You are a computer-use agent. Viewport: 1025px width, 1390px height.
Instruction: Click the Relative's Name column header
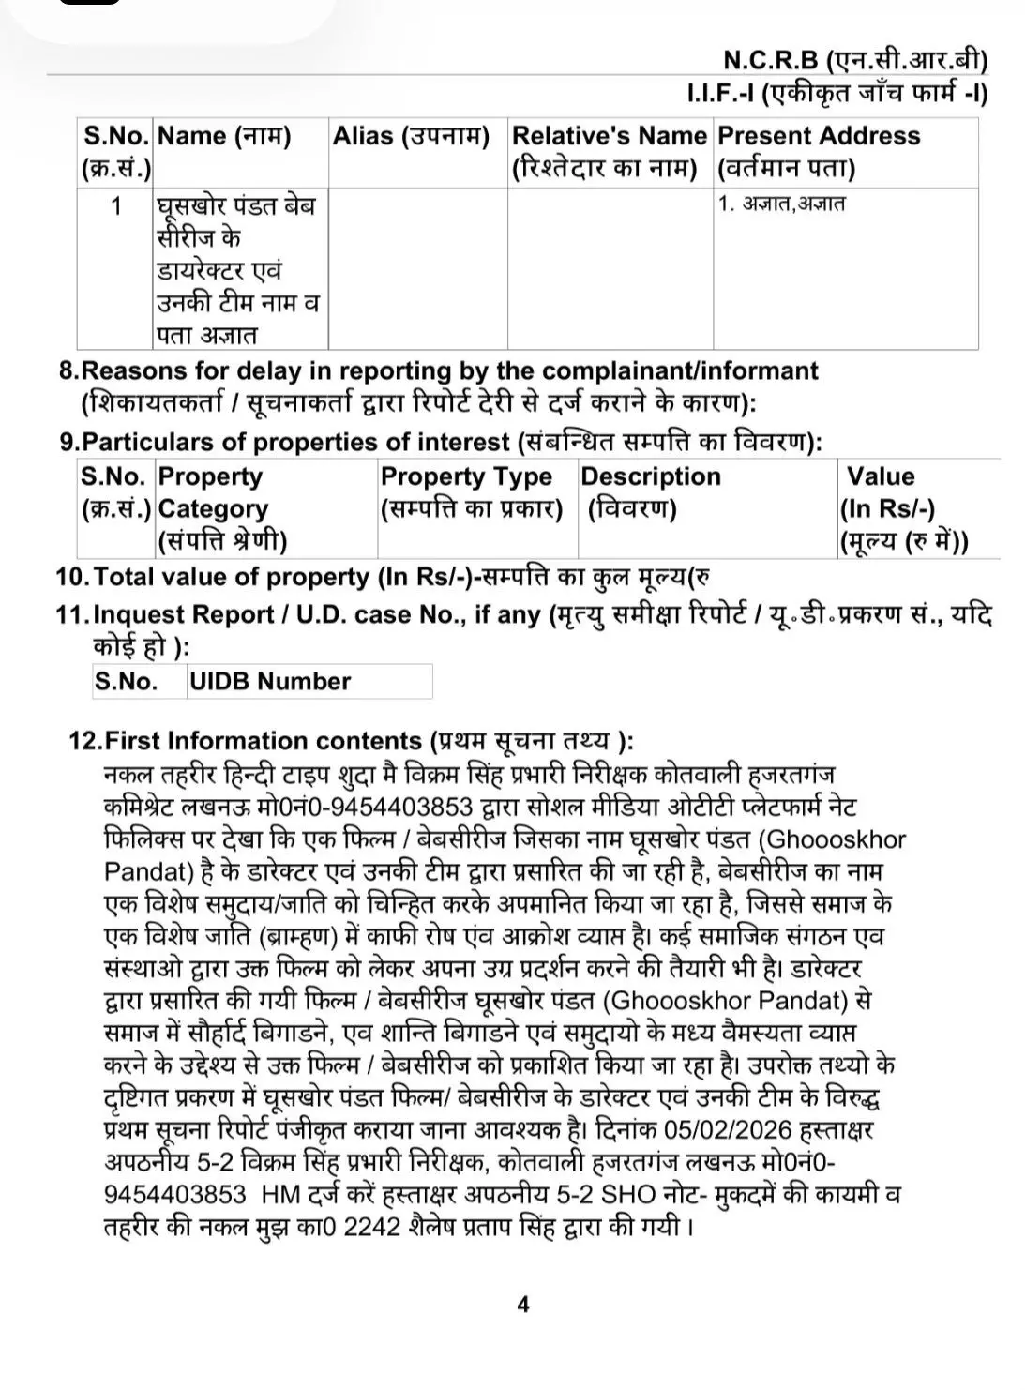click(609, 152)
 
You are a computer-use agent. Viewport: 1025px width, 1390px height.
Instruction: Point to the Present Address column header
click(818, 152)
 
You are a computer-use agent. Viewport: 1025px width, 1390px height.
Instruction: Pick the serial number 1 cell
click(116, 205)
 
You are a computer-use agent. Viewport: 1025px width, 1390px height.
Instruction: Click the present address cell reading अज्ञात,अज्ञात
click(781, 204)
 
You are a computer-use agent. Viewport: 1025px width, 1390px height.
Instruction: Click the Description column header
click(650, 492)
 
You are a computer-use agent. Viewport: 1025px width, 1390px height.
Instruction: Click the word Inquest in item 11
click(142, 614)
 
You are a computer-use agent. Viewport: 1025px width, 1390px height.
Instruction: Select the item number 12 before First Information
click(83, 740)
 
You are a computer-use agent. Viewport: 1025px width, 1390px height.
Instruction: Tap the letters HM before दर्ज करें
click(280, 1195)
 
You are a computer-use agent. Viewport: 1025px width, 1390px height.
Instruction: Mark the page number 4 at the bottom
click(523, 1305)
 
